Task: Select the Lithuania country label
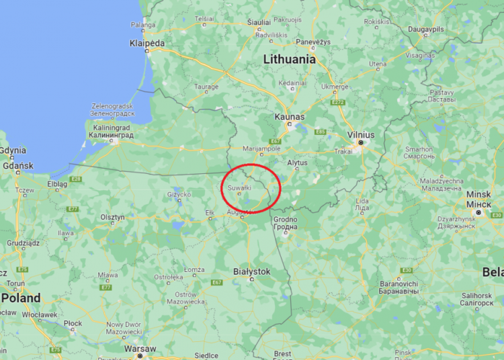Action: (x=289, y=59)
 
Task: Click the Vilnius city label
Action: (x=361, y=135)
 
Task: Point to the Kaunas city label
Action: (x=290, y=117)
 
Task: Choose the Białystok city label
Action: (x=251, y=271)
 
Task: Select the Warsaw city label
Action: (x=140, y=349)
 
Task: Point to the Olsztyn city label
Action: (x=112, y=217)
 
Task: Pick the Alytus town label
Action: (x=297, y=163)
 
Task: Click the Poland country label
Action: (x=21, y=298)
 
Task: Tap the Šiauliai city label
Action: (x=259, y=22)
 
